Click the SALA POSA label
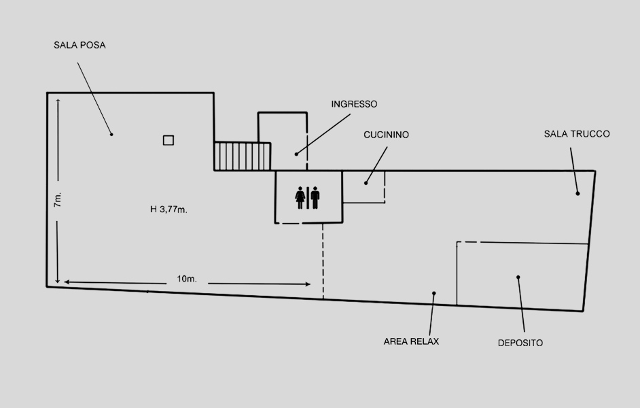pos(79,45)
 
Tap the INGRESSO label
pos(354,104)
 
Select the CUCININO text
pos(386,135)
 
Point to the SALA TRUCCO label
pos(577,134)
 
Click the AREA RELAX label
pos(411,341)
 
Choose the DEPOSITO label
pos(520,343)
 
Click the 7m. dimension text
pos(58,199)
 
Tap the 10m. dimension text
pos(187,279)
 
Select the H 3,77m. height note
pos(168,209)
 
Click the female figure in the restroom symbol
pos(300,198)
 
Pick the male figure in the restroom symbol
pos(315,198)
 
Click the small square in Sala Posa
pos(168,140)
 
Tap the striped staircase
pos(243,156)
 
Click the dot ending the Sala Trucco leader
pos(577,193)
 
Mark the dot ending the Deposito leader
pos(518,277)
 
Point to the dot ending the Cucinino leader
pos(366,183)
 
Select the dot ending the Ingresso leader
pos(296,154)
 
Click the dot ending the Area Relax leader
pos(434,293)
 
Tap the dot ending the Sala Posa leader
pos(111,134)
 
